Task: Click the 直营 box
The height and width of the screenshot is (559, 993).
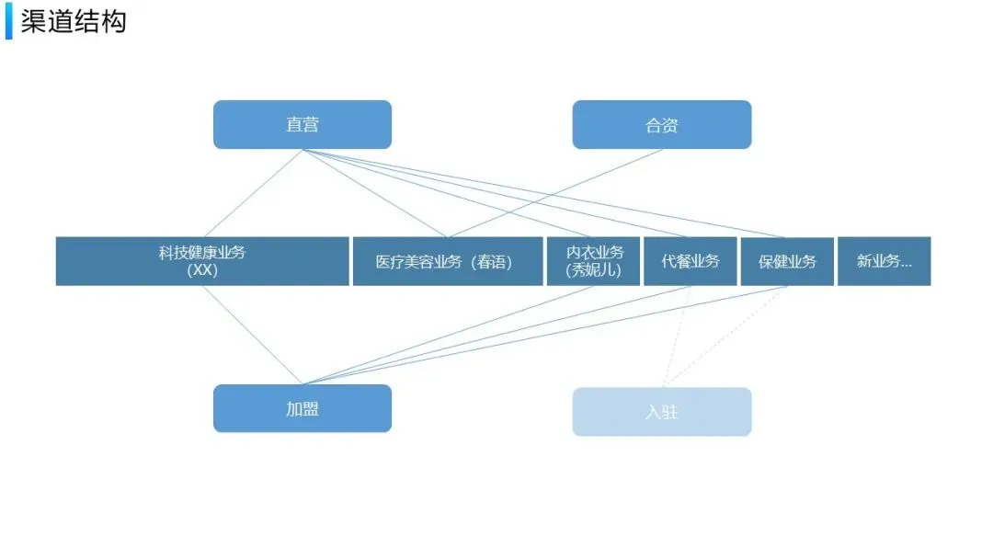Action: [302, 124]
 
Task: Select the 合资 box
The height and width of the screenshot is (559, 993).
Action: [661, 124]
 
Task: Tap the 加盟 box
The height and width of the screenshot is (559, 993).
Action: [302, 408]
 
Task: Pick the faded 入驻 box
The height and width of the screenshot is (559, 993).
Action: [661, 411]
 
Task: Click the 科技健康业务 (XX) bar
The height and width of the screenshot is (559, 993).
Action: [202, 261]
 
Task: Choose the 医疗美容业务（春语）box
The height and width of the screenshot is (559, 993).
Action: [447, 261]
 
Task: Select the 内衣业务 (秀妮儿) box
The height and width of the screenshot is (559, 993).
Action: [594, 261]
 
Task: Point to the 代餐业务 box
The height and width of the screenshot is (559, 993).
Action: [691, 261]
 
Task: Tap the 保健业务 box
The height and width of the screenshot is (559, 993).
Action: [787, 261]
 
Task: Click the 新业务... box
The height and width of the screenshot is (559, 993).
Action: [884, 261]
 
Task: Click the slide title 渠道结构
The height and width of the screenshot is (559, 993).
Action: [74, 21]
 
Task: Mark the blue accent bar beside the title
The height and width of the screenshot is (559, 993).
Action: [9, 21]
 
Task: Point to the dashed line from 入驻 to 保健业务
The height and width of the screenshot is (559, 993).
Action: [726, 336]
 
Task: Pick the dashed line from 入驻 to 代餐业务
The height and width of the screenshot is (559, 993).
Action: [677, 336]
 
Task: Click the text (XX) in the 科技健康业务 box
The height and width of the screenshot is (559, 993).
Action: [202, 271]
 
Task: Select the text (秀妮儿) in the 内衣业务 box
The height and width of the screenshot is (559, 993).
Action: [594, 271]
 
